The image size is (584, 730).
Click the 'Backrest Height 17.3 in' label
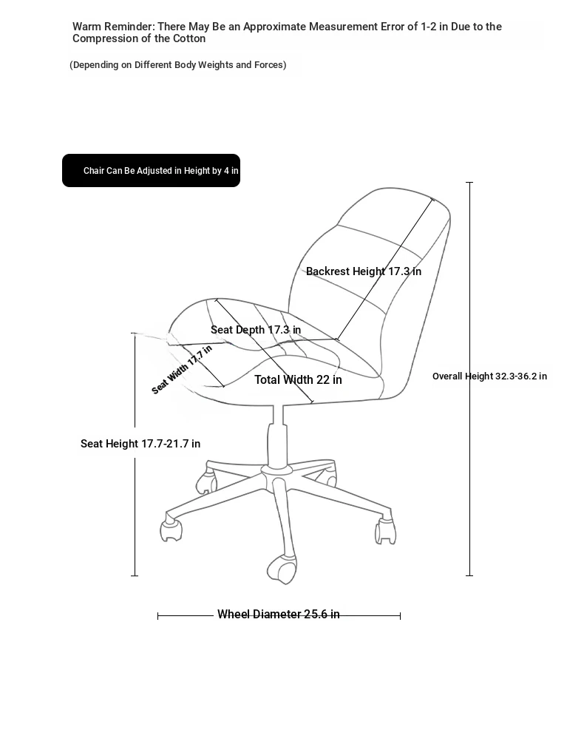pyautogui.click(x=364, y=271)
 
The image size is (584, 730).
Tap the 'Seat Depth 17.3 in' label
pyautogui.click(x=256, y=330)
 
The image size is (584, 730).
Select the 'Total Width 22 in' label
pyautogui.click(x=298, y=380)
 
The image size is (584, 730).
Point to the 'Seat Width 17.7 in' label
pyautogui.click(x=182, y=369)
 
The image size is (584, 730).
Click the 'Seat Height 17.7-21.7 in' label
pyautogui.click(x=140, y=444)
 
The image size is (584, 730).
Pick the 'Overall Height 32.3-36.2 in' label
pyautogui.click(x=489, y=376)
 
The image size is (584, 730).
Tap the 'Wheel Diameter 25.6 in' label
pyautogui.click(x=278, y=614)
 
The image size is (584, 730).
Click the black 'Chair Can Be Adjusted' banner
pyautogui.click(x=152, y=170)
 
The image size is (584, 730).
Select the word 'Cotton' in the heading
pyautogui.click(x=189, y=38)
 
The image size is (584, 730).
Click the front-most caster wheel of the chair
pyautogui.click(x=282, y=570)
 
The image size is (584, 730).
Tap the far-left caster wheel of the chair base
pyautogui.click(x=171, y=530)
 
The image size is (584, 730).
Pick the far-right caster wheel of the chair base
pyautogui.click(x=385, y=531)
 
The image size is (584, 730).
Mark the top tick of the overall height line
pyautogui.click(x=469, y=183)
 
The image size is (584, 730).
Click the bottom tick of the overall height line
pyautogui.click(x=469, y=575)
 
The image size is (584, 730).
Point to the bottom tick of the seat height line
pyautogui.click(x=135, y=576)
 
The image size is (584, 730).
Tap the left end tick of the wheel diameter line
pyautogui.click(x=158, y=616)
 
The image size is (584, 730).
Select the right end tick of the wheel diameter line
pyautogui.click(x=400, y=616)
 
